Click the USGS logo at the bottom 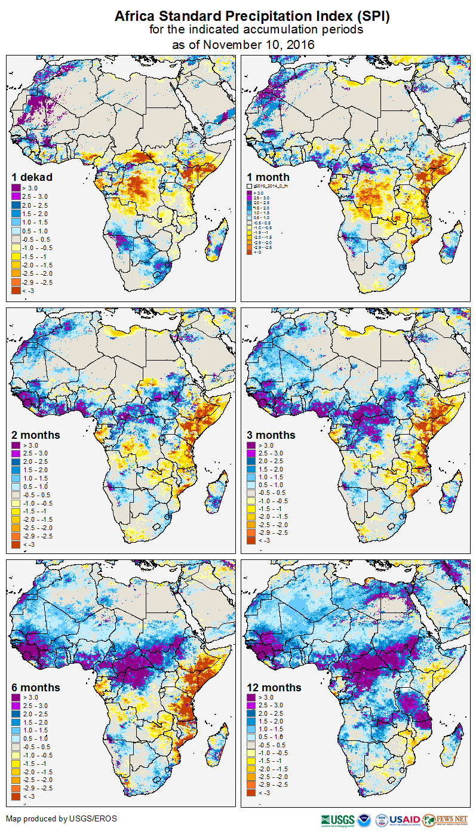point(337,820)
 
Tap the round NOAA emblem point(364,820)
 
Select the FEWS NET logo point(444,820)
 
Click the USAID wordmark point(404,820)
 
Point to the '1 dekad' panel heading point(32,177)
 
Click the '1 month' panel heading point(268,177)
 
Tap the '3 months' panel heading point(271,435)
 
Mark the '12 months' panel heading point(274,687)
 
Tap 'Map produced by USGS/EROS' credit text point(62,818)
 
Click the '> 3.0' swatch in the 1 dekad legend point(16,188)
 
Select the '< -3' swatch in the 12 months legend point(251,793)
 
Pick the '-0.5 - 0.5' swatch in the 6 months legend point(16,746)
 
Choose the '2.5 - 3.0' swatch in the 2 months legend point(16,454)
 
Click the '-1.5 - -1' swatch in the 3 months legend point(251,509)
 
